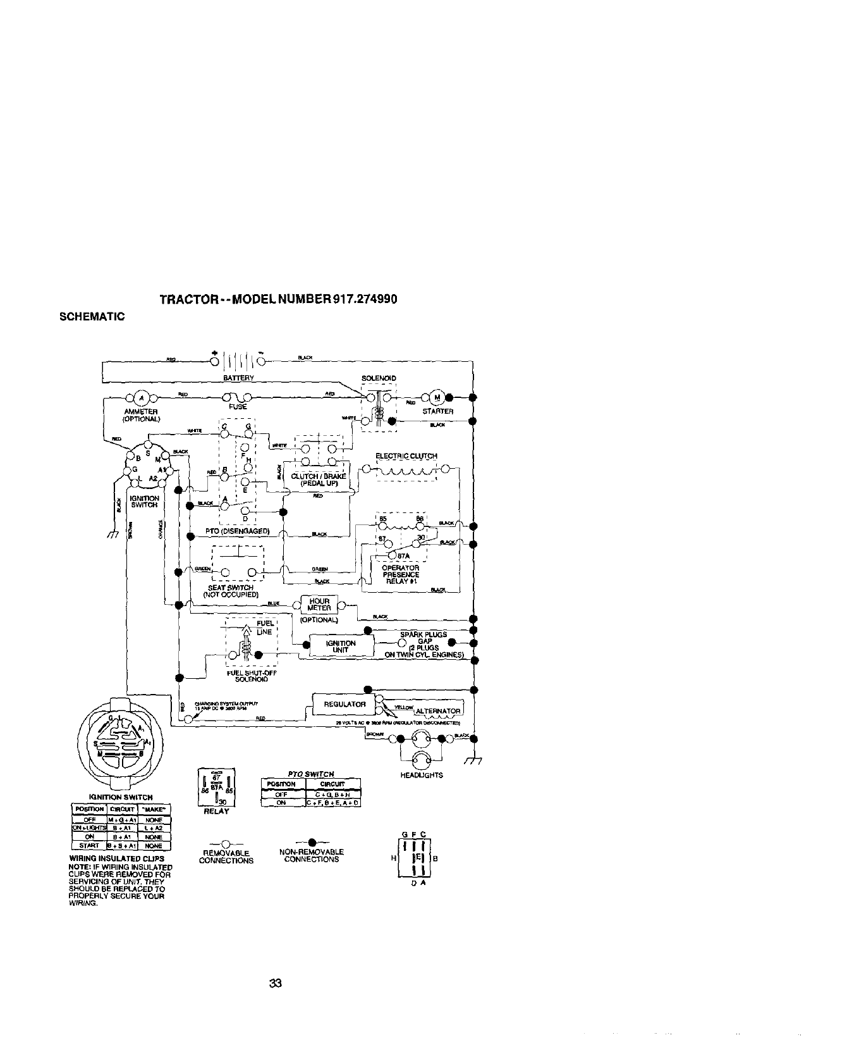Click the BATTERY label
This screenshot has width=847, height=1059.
tap(238, 378)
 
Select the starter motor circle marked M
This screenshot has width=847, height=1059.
tap(437, 397)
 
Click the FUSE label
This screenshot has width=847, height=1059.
tap(238, 407)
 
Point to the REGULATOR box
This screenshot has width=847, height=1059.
tap(344, 704)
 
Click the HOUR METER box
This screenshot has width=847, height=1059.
tap(320, 605)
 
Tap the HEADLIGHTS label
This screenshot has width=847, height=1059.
tap(422, 775)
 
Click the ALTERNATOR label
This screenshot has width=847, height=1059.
tap(438, 710)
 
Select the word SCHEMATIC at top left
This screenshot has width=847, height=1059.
tap(93, 316)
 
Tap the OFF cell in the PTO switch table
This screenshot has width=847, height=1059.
tap(283, 795)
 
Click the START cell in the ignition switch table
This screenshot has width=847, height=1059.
tap(89, 845)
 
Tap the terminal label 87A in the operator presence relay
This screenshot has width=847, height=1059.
tap(405, 556)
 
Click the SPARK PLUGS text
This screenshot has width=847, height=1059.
tap(423, 635)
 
